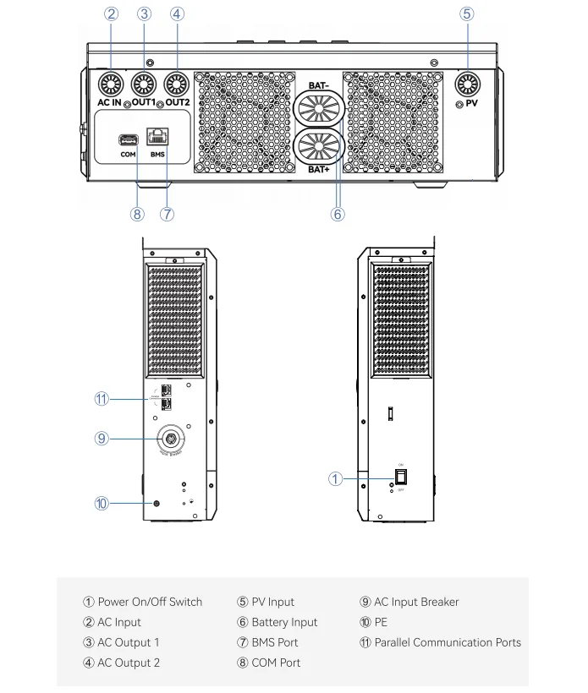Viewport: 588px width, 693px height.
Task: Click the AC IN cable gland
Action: coord(109,83)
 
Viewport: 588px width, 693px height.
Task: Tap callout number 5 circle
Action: coord(467,14)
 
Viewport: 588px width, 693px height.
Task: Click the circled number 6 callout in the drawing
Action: coord(338,214)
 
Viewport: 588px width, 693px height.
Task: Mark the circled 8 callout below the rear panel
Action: coord(138,214)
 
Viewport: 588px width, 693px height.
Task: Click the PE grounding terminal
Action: coord(155,504)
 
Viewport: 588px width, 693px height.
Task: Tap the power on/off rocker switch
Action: coord(402,477)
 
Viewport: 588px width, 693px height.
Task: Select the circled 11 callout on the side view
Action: coord(102,399)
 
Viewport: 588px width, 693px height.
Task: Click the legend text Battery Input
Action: coord(284,622)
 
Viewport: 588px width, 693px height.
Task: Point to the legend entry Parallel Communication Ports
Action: coord(448,642)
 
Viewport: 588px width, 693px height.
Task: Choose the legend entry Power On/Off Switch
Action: coord(150,602)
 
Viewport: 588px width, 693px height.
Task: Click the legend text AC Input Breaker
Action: coord(416,602)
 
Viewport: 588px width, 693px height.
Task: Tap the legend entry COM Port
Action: coord(276,663)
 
